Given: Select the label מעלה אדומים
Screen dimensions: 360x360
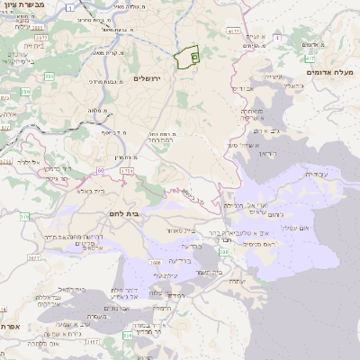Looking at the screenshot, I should click(324, 72).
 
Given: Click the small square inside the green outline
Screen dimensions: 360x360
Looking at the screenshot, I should click(194, 56).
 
